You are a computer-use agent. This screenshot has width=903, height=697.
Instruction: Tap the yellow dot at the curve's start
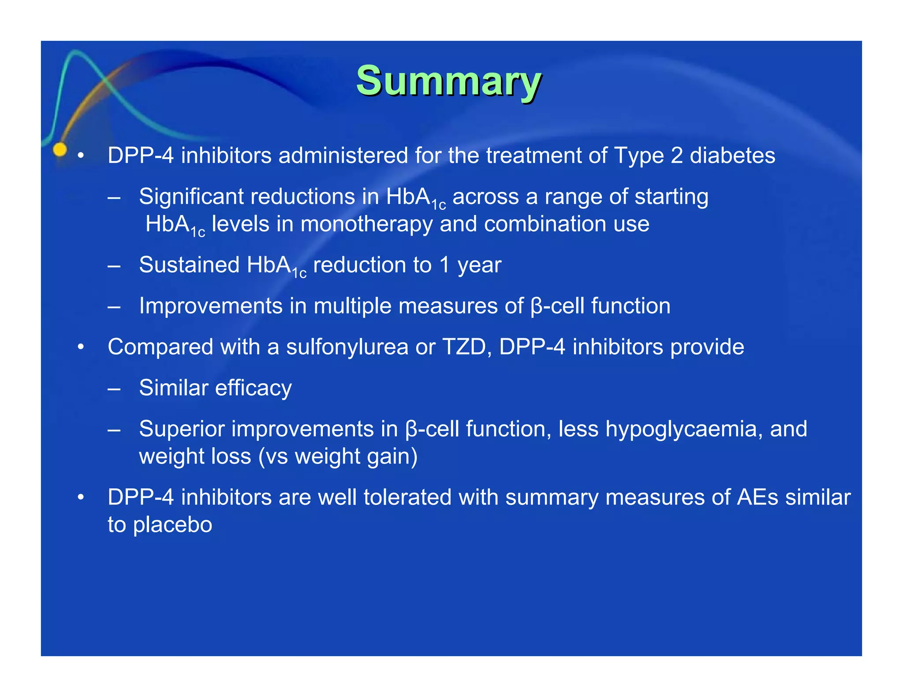click(x=60, y=150)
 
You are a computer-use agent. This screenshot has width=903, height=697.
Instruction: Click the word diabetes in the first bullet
click(x=732, y=156)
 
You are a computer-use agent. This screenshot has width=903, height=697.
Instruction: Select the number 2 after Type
click(x=676, y=156)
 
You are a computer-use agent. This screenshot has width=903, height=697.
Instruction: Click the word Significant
click(x=190, y=196)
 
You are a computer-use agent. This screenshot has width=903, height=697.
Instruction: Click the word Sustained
click(x=189, y=265)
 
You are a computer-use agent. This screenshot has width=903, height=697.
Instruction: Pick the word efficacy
click(x=253, y=388)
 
